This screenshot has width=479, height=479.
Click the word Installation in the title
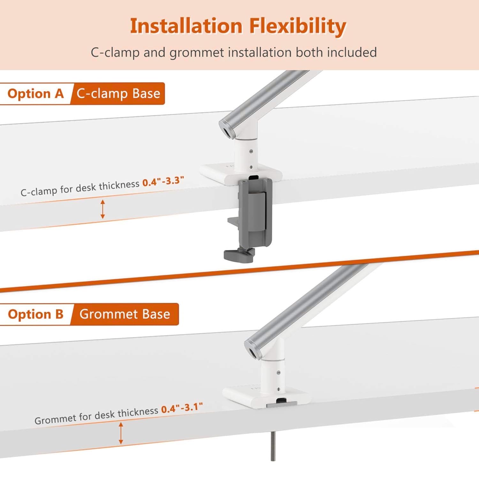tap(186, 26)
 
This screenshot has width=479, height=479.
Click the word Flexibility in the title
tap(297, 26)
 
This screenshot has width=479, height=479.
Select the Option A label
tap(35, 94)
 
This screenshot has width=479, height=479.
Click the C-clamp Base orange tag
tap(118, 94)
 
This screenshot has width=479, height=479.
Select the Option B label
tap(35, 314)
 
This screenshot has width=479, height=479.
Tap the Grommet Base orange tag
tap(125, 314)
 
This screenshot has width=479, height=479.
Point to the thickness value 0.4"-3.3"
tap(163, 181)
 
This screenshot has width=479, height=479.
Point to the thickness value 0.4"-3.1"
tap(182, 408)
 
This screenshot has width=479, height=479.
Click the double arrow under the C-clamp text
tap(103, 209)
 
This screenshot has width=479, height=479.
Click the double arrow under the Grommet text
tap(121, 433)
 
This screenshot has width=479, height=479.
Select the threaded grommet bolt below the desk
tap(273, 445)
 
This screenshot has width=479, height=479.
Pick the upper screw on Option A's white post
tap(251, 151)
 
